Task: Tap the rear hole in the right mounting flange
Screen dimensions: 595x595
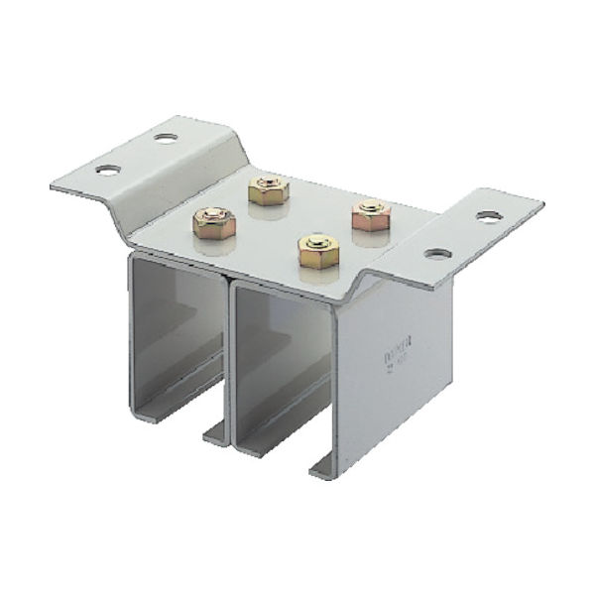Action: (x=487, y=216)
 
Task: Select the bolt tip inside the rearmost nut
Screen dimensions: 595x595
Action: (x=268, y=184)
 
